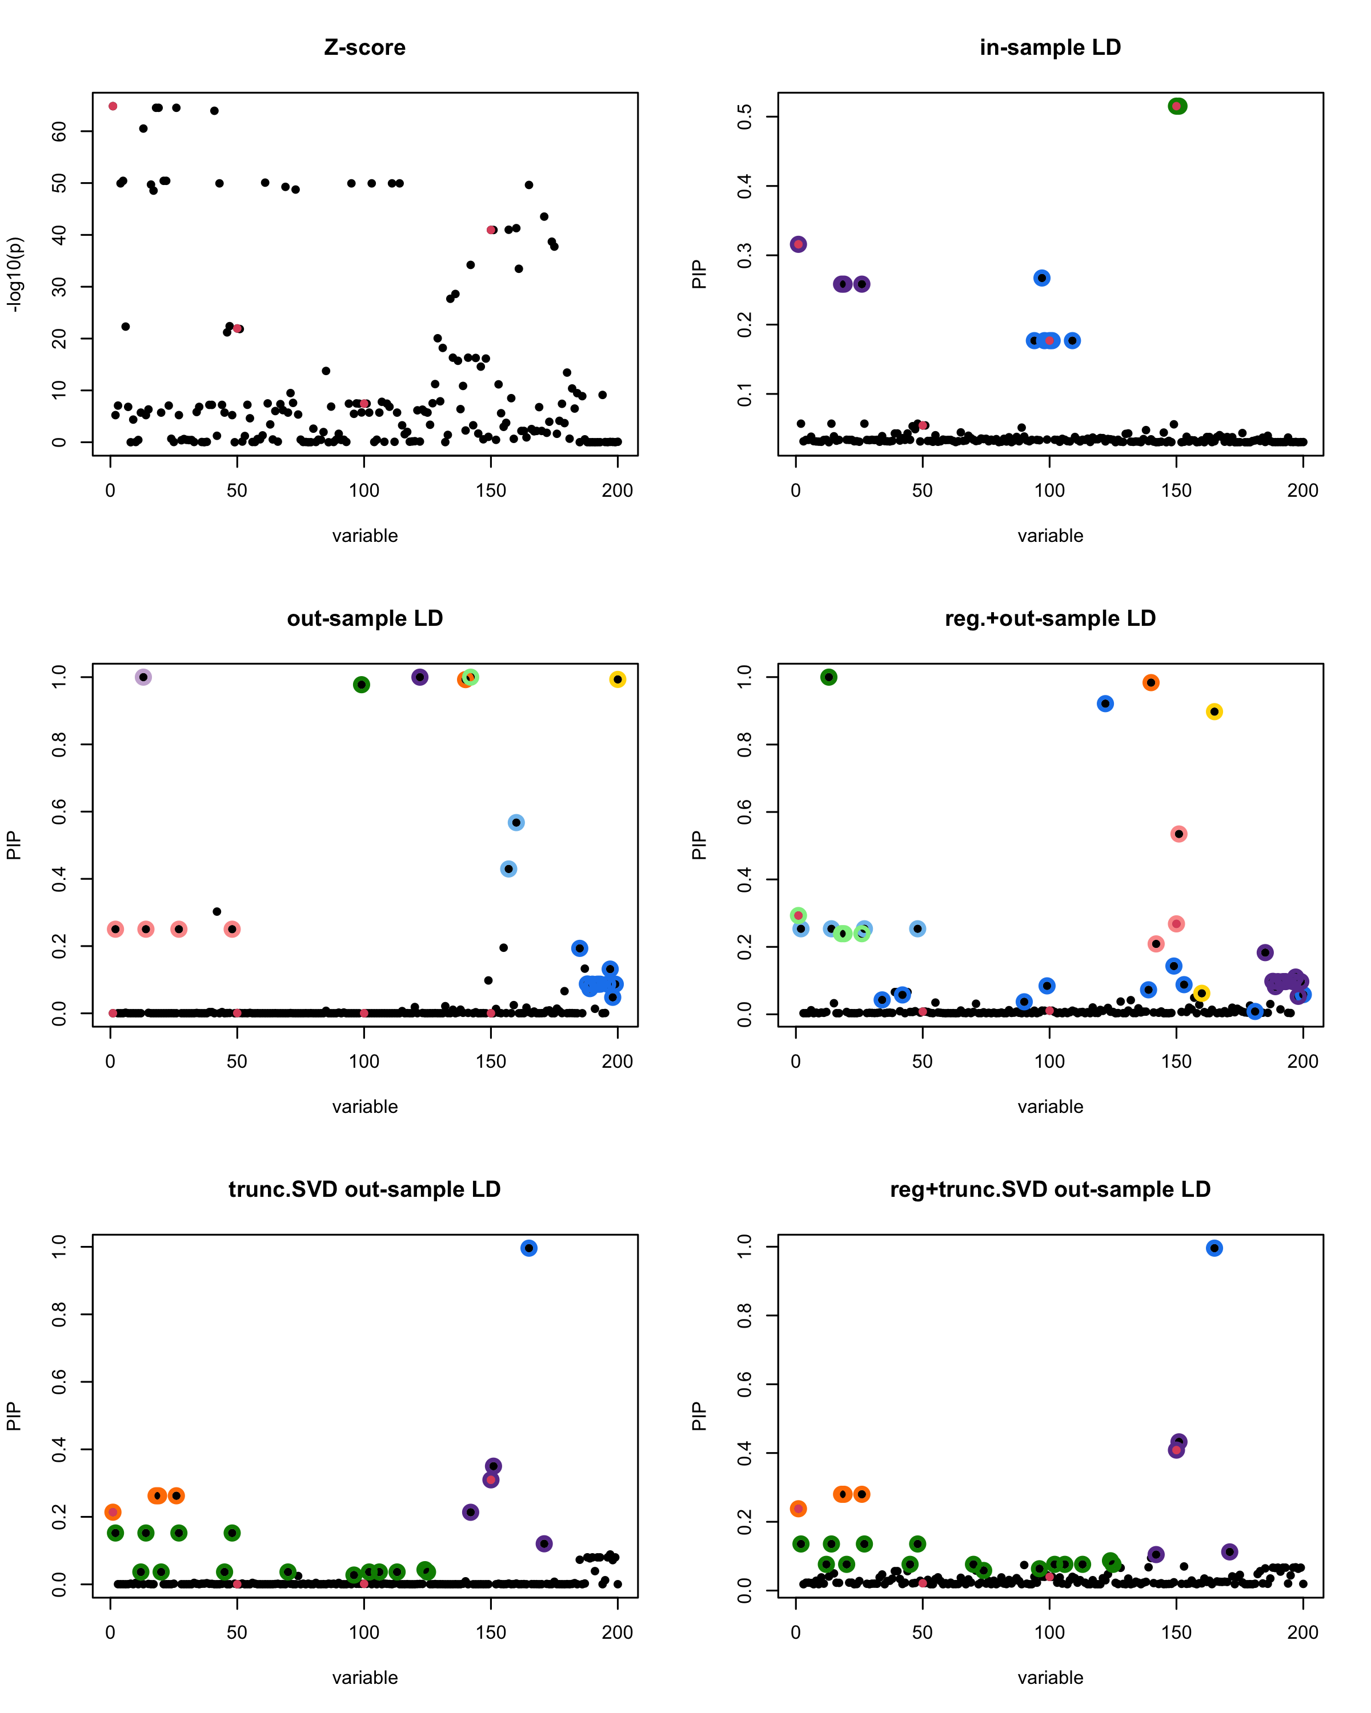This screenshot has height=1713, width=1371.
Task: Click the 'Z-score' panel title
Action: pyautogui.click(x=365, y=47)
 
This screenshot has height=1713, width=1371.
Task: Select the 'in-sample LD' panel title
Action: pyautogui.click(x=1050, y=47)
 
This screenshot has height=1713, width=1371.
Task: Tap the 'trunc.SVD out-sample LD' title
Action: pyautogui.click(x=365, y=1189)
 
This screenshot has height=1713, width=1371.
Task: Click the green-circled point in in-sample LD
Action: pyautogui.click(x=1177, y=106)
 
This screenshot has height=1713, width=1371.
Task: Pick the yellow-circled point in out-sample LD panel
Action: pyautogui.click(x=618, y=679)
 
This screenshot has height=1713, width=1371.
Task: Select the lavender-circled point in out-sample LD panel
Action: pyautogui.click(x=143, y=677)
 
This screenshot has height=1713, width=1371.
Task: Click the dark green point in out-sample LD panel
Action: pyautogui.click(x=362, y=684)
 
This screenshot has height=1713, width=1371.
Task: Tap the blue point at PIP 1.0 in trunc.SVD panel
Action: pyautogui.click(x=528, y=1248)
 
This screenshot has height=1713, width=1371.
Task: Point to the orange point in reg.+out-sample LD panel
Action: pyautogui.click(x=1151, y=682)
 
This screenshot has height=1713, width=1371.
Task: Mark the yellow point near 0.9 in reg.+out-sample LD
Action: pyautogui.click(x=1214, y=712)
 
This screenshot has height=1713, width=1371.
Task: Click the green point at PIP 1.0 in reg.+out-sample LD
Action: pyautogui.click(x=829, y=677)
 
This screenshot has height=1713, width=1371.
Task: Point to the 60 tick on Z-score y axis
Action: pyautogui.click(x=59, y=131)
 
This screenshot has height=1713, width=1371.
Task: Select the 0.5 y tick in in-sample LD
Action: pyautogui.click(x=745, y=117)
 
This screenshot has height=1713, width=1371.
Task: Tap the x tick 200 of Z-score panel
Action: pyautogui.click(x=618, y=491)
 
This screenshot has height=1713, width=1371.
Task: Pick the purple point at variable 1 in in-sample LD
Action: pyautogui.click(x=799, y=244)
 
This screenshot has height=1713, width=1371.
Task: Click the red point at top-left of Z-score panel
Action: pyautogui.click(x=113, y=106)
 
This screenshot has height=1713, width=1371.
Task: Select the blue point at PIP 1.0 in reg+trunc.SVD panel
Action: pyautogui.click(x=1214, y=1248)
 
